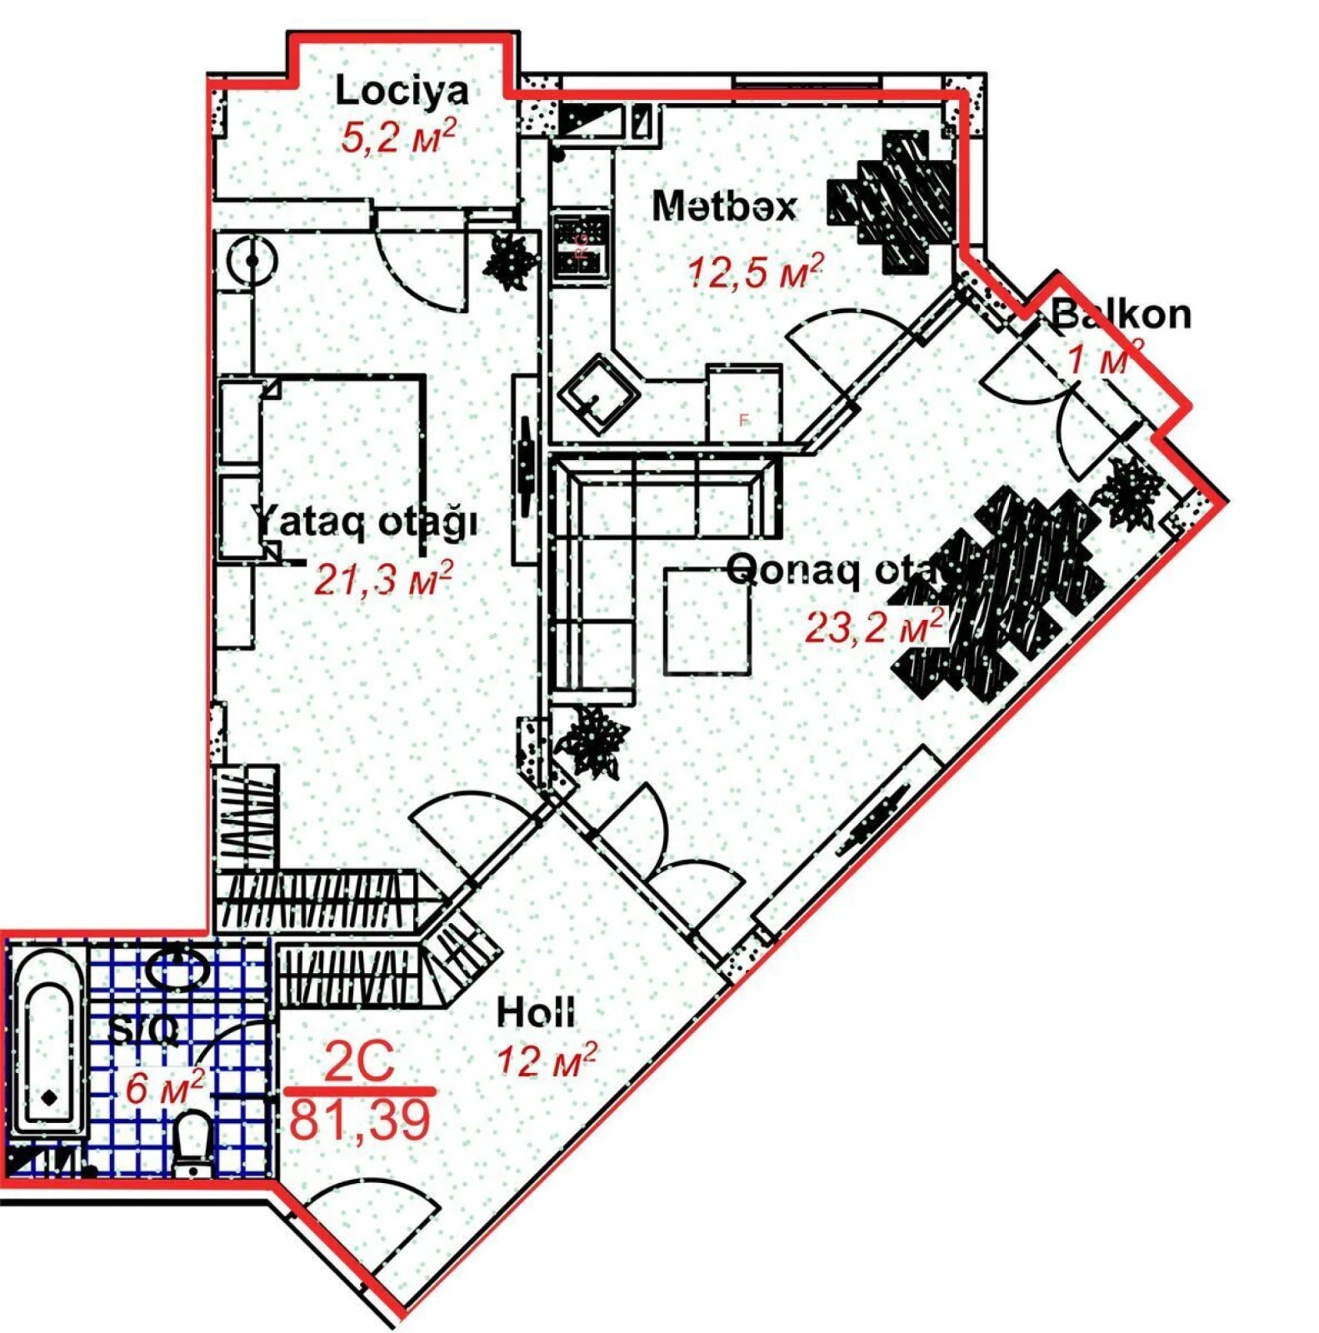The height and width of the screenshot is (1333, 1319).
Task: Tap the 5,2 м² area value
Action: (x=397, y=137)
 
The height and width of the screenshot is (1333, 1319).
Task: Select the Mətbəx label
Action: (x=723, y=206)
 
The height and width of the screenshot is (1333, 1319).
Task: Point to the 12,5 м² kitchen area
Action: (x=755, y=271)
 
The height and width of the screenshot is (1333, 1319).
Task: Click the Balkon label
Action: (x=1121, y=315)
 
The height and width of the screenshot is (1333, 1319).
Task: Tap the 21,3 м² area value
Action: (x=382, y=578)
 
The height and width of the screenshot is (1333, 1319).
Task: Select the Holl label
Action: (x=535, y=1012)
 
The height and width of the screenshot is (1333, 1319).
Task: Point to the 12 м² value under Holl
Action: (x=547, y=1060)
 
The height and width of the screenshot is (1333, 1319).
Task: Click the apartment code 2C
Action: (x=359, y=1061)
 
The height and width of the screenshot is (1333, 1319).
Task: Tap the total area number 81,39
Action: (x=360, y=1119)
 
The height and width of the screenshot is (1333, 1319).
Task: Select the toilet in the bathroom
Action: (x=193, y=1141)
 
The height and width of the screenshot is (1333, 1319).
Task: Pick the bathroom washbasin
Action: (x=177, y=969)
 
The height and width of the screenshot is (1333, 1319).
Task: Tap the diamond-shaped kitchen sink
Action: (x=599, y=394)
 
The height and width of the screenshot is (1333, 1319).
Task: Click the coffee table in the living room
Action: (x=707, y=620)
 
